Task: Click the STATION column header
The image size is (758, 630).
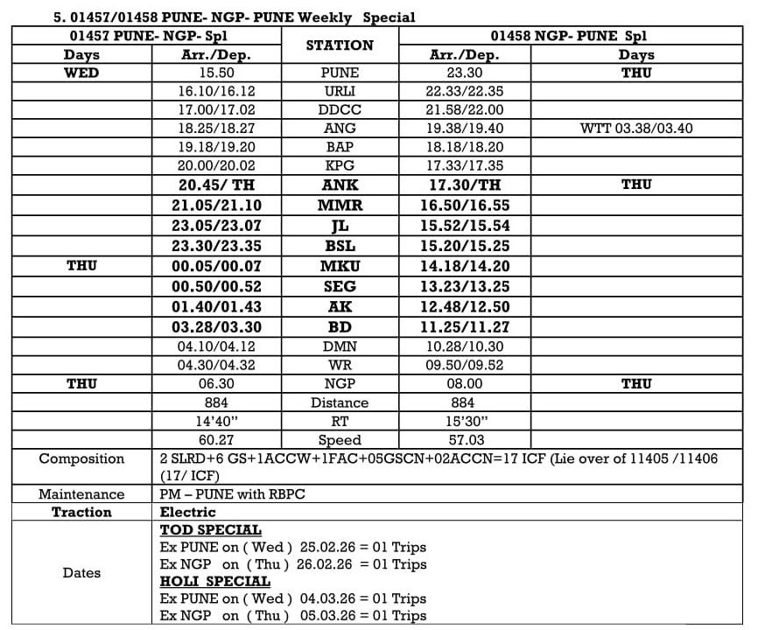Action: pyautogui.click(x=340, y=45)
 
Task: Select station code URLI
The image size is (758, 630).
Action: pyautogui.click(x=340, y=91)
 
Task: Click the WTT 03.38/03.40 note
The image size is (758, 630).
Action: pyautogui.click(x=636, y=128)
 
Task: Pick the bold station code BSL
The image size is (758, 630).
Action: pyautogui.click(x=340, y=247)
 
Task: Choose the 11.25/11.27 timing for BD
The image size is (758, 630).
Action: pyautogui.click(x=465, y=327)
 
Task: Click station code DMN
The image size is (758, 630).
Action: pyautogui.click(x=340, y=346)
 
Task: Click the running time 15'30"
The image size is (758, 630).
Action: pyautogui.click(x=465, y=421)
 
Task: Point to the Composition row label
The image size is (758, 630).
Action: pyautogui.click(x=81, y=458)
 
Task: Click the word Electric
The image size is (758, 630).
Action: pyautogui.click(x=187, y=512)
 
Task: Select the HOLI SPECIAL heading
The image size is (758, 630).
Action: pyautogui.click(x=215, y=581)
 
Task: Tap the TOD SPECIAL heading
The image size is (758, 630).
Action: pyautogui.click(x=211, y=530)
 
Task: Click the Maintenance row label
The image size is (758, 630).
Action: pyautogui.click(x=81, y=494)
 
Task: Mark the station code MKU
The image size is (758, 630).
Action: pyautogui.click(x=340, y=266)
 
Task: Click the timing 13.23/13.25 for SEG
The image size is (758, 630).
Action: pyautogui.click(x=465, y=287)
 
